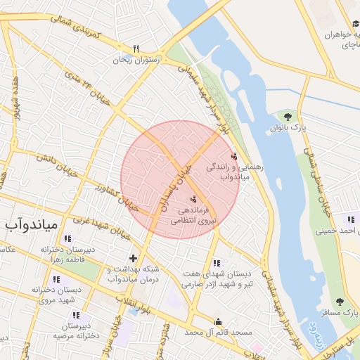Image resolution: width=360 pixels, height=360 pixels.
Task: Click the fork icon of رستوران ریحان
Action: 136,49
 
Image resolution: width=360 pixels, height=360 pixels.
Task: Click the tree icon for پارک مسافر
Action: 340,302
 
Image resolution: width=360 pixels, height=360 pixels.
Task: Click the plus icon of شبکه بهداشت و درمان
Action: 133,258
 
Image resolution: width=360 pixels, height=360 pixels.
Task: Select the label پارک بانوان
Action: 288,129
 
